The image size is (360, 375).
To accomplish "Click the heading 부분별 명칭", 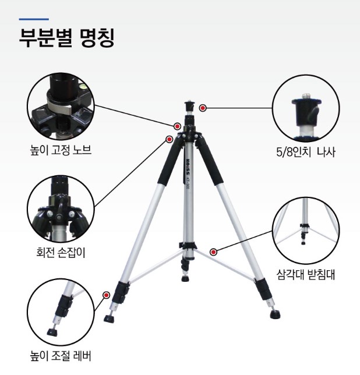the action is (67, 38).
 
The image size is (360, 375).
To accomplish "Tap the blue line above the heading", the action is (34, 19).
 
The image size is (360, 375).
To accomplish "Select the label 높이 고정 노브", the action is (61, 150).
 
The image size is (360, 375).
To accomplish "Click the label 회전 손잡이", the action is (61, 253).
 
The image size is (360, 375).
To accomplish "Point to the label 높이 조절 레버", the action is (61, 356).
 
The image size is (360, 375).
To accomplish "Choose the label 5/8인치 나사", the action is (306, 151).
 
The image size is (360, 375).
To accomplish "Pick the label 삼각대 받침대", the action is (306, 275).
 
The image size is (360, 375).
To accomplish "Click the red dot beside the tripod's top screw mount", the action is (203, 108).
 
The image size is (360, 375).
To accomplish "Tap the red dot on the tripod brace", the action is (213, 252).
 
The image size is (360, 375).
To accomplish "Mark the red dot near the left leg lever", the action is (107, 295).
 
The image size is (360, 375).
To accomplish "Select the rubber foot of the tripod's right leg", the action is (275, 314).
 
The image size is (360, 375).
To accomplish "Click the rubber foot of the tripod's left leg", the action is (109, 319).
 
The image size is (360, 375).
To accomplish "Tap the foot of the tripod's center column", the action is (185, 278).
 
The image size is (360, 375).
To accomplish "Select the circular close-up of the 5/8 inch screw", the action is (306, 108).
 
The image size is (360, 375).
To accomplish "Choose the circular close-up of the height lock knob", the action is (61, 107).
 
